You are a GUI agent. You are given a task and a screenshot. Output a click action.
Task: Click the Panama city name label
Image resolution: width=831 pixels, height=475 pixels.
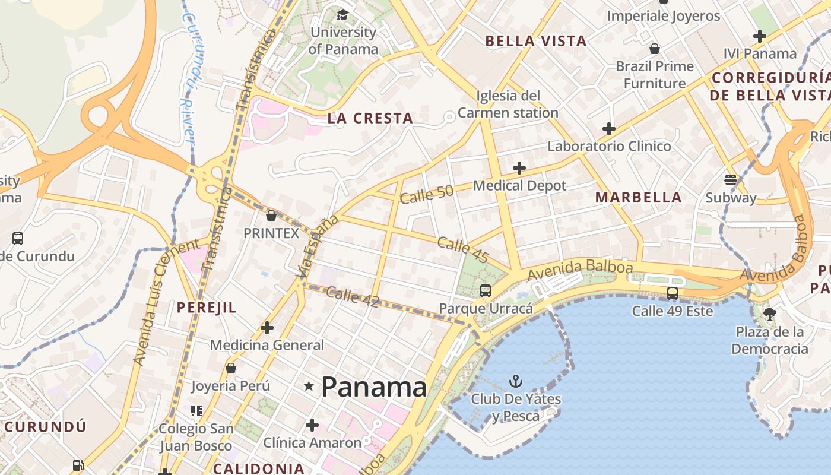pyautogui.click(x=374, y=387)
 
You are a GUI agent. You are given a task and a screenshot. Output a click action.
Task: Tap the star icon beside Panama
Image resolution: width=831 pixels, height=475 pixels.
pyautogui.click(x=309, y=387)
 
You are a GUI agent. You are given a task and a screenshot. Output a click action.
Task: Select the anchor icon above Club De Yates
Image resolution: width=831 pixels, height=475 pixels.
pyautogui.click(x=516, y=381)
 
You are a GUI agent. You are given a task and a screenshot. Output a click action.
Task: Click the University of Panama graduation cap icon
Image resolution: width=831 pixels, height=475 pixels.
pyautogui.click(x=342, y=14)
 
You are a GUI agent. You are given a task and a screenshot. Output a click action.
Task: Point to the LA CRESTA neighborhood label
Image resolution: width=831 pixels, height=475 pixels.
pyautogui.click(x=370, y=118)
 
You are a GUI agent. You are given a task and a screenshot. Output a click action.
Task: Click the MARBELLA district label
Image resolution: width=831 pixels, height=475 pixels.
pyautogui.click(x=638, y=197)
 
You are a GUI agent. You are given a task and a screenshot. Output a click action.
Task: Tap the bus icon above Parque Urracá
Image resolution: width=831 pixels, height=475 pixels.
pyautogui.click(x=486, y=290)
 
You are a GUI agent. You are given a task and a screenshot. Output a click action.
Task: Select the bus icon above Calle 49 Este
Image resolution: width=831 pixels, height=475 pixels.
pyautogui.click(x=672, y=293)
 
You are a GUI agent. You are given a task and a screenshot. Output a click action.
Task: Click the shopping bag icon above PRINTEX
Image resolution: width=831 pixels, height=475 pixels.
pyautogui.click(x=271, y=215)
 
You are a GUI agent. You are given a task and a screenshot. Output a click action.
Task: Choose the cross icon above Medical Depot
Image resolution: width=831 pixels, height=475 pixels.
pyautogui.click(x=519, y=168)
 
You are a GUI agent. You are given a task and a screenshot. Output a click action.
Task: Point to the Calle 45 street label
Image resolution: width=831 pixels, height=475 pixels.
pyautogui.click(x=463, y=249)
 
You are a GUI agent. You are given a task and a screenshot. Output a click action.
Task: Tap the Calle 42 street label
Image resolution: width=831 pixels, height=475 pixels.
pyautogui.click(x=352, y=296)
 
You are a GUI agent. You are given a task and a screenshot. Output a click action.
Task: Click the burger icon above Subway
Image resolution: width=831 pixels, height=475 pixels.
pyautogui.click(x=731, y=179)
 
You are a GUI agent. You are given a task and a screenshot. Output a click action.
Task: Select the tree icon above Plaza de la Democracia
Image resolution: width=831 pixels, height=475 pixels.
pyautogui.click(x=769, y=313)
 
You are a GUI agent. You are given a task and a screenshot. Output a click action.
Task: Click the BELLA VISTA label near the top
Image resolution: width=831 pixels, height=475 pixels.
pyautogui.click(x=536, y=41)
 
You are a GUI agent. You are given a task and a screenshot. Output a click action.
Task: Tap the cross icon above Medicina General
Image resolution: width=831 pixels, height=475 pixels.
pyautogui.click(x=267, y=327)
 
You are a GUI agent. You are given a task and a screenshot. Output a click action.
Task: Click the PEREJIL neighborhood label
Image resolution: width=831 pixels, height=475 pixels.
pyautogui.click(x=207, y=307)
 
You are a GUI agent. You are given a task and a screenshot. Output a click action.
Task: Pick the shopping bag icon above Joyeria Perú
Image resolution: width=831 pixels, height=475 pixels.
pyautogui.click(x=231, y=368)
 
